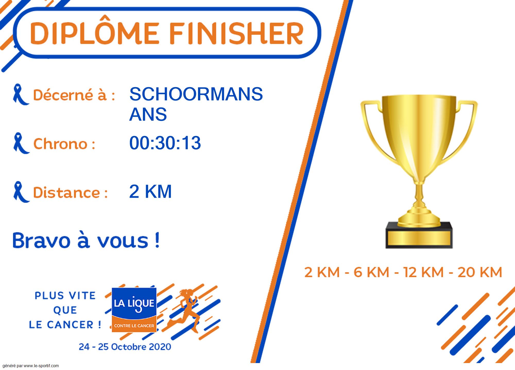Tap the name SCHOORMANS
196,94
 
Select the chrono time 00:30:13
165,143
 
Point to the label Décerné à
74,95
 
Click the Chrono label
64,143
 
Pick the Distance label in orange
70,192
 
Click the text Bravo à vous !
86,240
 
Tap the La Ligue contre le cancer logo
134,310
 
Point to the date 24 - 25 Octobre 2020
125,347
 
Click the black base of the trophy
419,235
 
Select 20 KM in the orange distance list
480,272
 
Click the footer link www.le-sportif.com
41,366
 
